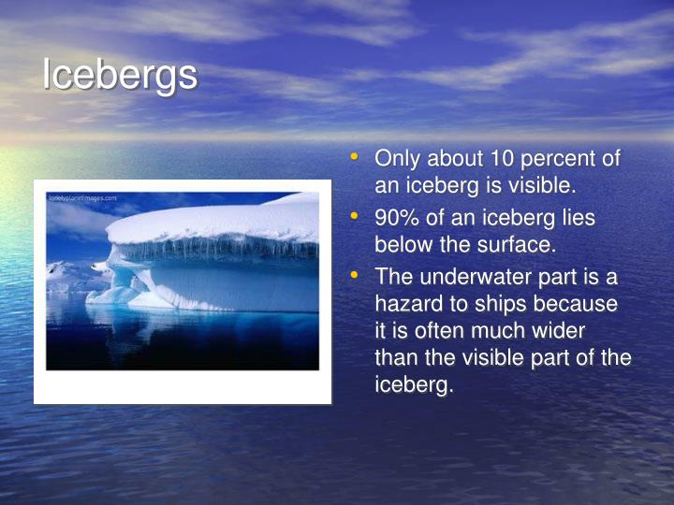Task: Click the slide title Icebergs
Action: pos(120,76)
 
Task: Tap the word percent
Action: pos(566,159)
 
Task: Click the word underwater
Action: pos(484,278)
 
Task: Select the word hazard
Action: pos(407,304)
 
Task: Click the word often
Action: pos(434,331)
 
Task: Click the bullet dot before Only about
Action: pos(353,159)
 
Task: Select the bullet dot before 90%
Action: pos(353,218)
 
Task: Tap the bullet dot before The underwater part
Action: pos(353,278)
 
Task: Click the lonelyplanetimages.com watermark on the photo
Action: pos(82,198)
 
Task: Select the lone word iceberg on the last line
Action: pos(413,384)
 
